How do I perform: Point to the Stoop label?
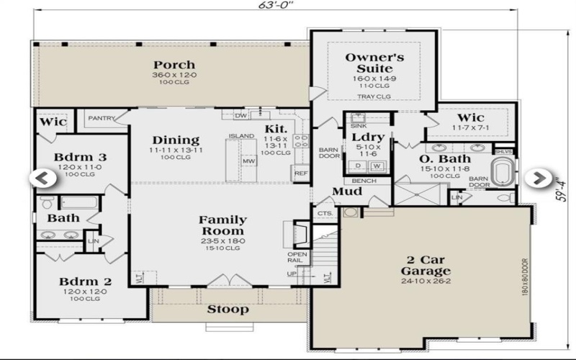pos(228,310)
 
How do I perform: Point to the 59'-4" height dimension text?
pos(563,180)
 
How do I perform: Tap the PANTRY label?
pos(102,118)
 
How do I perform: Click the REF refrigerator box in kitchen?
pos(300,174)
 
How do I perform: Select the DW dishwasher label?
pos(241,115)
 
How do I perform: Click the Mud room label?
pos(347,192)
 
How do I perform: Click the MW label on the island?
pos(248,161)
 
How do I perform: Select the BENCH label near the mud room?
pos(364,181)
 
